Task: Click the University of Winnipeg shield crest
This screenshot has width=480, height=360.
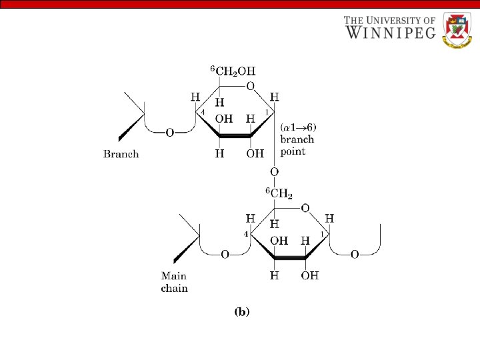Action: click(457, 30)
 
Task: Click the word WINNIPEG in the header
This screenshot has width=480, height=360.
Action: click(389, 32)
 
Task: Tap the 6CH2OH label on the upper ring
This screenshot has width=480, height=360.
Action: click(233, 71)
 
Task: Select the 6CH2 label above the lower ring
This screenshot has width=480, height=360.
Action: click(280, 193)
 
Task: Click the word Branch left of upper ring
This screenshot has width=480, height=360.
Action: click(121, 154)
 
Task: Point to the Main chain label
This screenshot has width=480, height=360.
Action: click(174, 282)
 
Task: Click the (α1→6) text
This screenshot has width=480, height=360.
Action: click(298, 128)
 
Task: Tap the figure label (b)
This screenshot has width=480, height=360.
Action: click(241, 311)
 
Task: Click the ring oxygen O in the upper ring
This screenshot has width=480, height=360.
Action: click(250, 86)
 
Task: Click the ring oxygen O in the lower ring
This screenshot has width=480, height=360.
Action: click(305, 208)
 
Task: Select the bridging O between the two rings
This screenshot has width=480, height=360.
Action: click(273, 172)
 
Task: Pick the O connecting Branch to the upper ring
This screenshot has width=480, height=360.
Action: click(169, 133)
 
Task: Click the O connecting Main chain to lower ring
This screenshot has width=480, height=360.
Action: click(224, 254)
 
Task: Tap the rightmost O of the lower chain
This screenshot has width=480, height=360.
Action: click(355, 254)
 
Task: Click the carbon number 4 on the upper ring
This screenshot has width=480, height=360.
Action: click(203, 112)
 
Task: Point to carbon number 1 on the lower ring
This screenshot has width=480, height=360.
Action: click(321, 234)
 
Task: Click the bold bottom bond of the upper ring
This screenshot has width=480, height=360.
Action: click(235, 135)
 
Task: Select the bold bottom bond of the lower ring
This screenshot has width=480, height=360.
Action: click(289, 257)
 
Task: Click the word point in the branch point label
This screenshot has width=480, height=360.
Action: click(293, 151)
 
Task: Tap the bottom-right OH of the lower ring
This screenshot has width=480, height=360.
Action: click(309, 275)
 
